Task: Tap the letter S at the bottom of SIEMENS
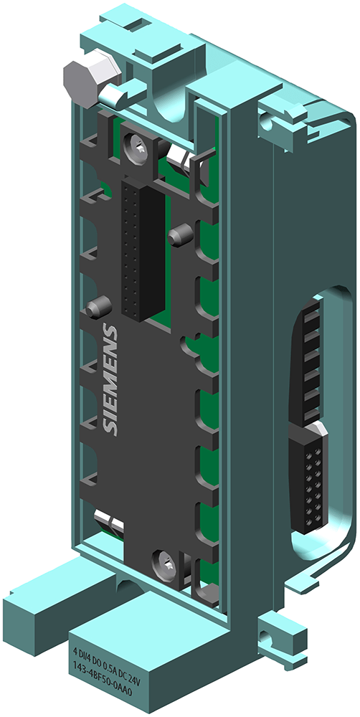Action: (x=109, y=427)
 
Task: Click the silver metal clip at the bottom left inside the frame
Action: (x=108, y=521)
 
